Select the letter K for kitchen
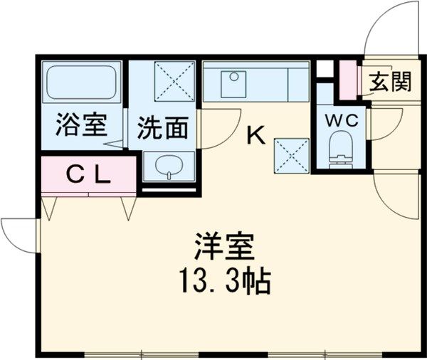255,134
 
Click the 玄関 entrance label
390,82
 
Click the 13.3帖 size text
223,282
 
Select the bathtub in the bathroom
82,85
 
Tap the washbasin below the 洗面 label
168,167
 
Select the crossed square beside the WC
292,154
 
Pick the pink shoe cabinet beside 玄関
348,80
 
